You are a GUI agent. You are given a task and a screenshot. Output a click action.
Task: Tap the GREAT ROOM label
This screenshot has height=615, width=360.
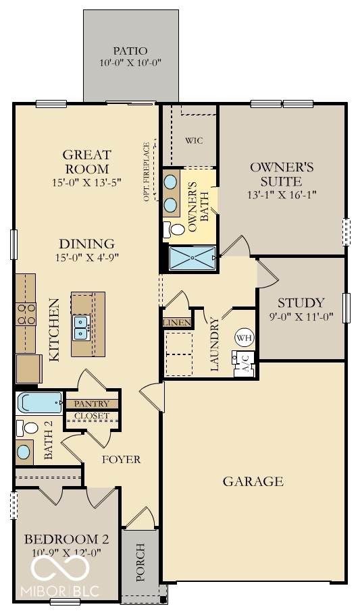click(x=86, y=161)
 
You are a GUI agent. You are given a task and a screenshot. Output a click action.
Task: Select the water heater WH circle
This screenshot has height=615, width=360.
click(x=242, y=337)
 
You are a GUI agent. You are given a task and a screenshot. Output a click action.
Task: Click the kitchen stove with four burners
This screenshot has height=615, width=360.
click(x=26, y=316)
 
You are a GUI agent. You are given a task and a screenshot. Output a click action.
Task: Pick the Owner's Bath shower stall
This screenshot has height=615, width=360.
click(x=192, y=257)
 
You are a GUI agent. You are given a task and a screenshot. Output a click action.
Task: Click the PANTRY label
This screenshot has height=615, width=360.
click(x=91, y=404)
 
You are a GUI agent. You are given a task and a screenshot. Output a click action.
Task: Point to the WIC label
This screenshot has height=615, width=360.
click(x=194, y=140)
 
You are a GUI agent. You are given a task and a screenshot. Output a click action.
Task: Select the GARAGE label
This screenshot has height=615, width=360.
click(x=253, y=481)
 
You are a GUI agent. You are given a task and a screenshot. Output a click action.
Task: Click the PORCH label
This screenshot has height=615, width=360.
click(x=140, y=562)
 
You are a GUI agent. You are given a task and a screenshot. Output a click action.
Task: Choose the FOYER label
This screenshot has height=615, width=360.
click(x=121, y=460)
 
